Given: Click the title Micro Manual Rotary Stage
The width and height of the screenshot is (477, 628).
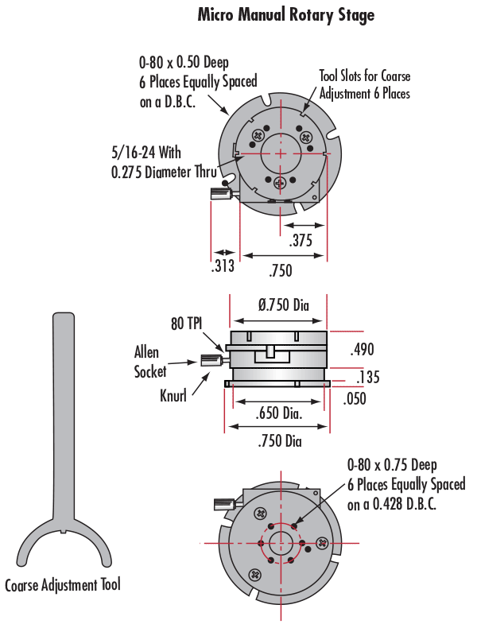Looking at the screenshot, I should (x=285, y=15).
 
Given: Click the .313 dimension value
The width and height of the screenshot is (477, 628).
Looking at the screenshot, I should (x=223, y=266).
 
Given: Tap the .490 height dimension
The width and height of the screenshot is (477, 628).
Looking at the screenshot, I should (x=361, y=349).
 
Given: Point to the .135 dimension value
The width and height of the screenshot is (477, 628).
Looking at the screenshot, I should (x=367, y=377).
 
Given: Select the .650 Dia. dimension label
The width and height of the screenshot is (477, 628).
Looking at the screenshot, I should (x=278, y=414).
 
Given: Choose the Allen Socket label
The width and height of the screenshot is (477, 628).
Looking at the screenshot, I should (x=151, y=362).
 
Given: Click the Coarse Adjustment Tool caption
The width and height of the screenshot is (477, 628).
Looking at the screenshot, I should (x=63, y=586).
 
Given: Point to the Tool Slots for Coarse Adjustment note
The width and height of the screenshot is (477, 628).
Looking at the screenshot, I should (x=365, y=83).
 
